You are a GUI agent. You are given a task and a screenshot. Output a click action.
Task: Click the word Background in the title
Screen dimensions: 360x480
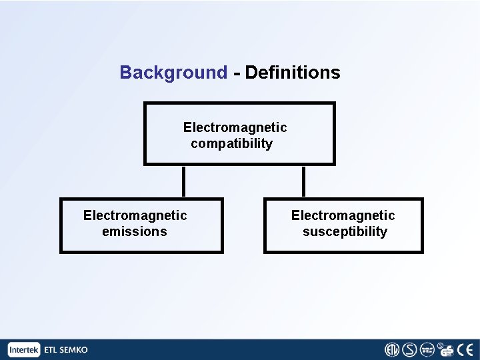(173, 73)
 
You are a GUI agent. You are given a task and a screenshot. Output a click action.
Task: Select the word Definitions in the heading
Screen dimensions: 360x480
(293, 73)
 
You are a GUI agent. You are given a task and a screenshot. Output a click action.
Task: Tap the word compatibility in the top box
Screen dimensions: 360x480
(231, 144)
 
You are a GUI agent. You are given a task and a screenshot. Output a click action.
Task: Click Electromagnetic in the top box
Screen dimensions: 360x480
(235, 127)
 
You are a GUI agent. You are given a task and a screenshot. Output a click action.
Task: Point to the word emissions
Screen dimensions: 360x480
(134, 232)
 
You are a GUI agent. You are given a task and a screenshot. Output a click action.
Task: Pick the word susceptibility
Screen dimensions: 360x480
(344, 232)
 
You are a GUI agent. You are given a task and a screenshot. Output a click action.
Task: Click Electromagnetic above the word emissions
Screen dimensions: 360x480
(135, 215)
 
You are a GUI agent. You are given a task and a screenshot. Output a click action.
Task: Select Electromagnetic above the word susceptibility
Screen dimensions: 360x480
(343, 215)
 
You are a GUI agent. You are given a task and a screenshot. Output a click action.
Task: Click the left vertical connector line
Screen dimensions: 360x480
(183, 181)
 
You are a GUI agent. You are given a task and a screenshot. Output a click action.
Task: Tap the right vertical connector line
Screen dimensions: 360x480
(303, 181)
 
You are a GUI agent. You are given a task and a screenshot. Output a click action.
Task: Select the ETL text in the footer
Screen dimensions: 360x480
(51, 350)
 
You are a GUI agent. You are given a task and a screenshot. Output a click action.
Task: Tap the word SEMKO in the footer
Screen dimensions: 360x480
(74, 350)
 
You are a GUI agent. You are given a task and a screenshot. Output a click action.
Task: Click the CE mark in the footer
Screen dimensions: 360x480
(465, 350)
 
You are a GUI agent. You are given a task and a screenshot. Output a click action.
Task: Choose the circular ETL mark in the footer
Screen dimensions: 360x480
(392, 350)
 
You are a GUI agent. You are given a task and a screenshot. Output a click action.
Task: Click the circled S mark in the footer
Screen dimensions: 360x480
(409, 350)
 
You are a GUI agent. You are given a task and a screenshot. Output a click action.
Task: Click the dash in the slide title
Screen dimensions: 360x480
(237, 73)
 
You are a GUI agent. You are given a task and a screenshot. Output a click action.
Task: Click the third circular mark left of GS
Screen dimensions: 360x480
(427, 350)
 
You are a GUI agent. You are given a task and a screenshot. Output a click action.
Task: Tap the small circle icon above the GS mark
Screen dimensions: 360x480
(441, 345)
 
